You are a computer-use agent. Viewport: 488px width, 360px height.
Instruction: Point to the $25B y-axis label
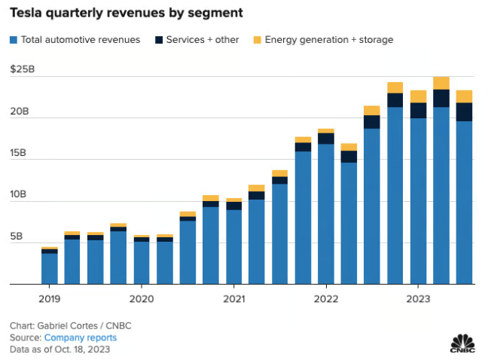[22, 70]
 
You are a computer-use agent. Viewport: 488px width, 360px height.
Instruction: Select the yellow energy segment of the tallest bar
[441, 83]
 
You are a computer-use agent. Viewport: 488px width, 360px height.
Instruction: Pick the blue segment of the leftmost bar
[50, 268]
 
